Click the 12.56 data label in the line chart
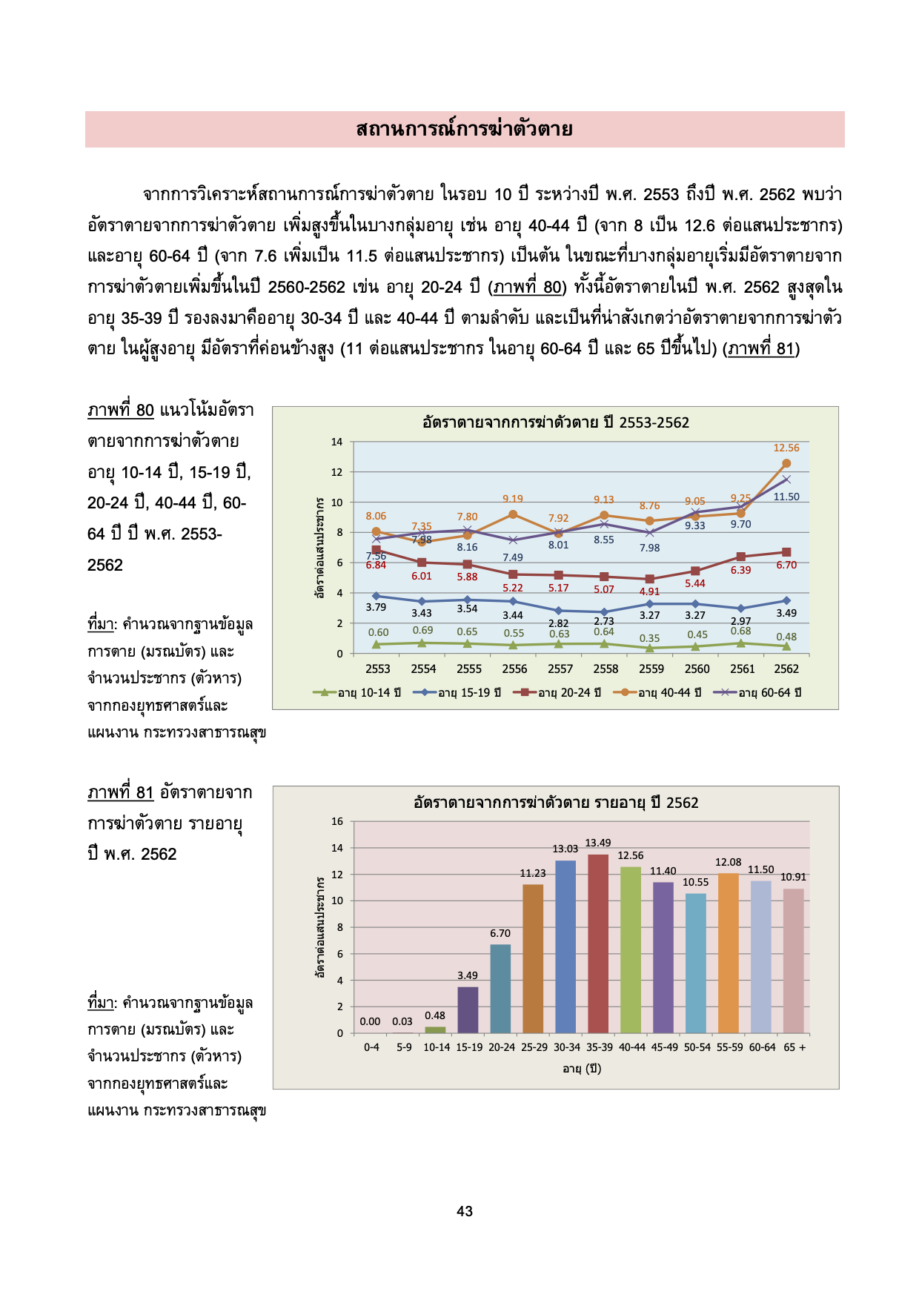click(786, 448)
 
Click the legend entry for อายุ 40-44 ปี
click(657, 692)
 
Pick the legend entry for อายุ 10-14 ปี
click(357, 692)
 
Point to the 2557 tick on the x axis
click(560, 669)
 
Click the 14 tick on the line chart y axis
click(337, 442)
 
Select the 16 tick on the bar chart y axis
click(337, 821)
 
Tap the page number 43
click(465, 1211)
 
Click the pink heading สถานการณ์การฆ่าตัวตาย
click(465, 129)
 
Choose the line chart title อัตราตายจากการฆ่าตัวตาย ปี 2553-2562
click(556, 422)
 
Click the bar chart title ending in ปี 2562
click(556, 803)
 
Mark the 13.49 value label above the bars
click(598, 843)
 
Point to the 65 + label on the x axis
click(794, 1047)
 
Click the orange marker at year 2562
click(786, 463)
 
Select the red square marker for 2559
click(650, 579)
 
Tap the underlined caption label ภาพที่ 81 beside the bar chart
click(120, 792)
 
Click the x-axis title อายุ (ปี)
click(582, 1068)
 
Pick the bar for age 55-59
click(729, 953)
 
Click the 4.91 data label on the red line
click(650, 591)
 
